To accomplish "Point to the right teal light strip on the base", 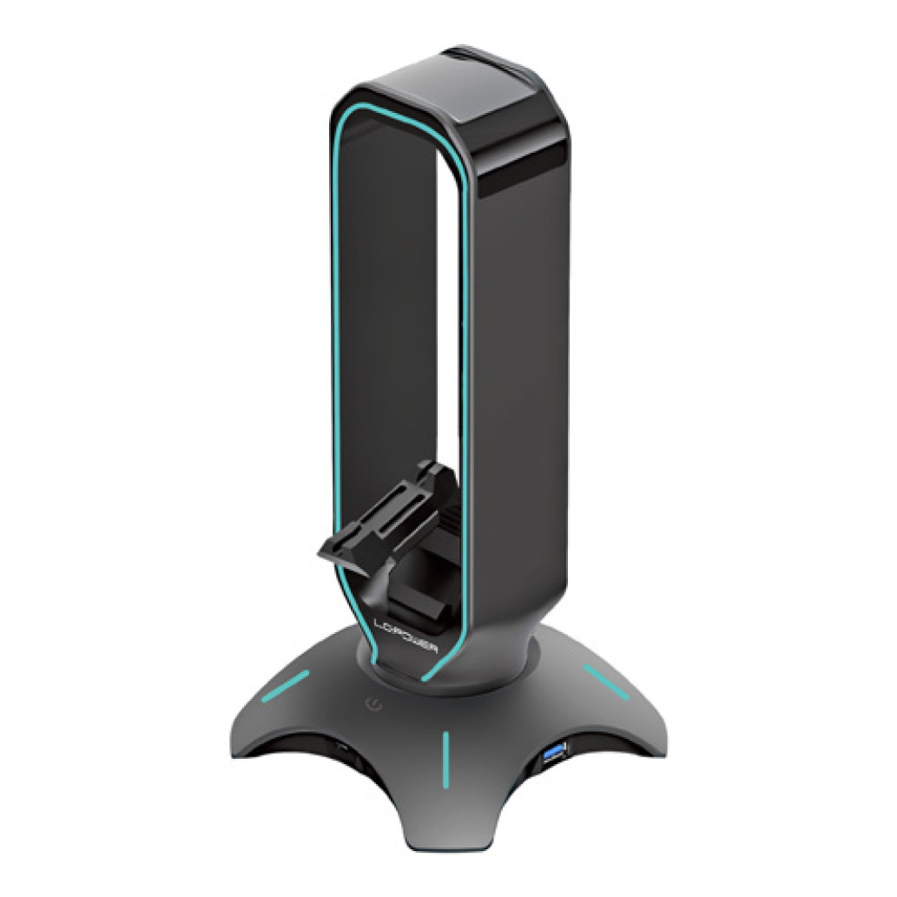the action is pos(606,681).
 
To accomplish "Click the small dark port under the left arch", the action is pos(341,749).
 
